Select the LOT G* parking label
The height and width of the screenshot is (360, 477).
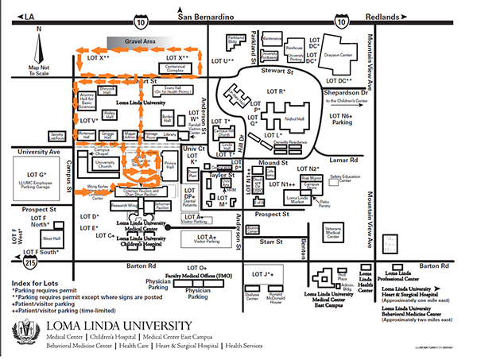[x=37, y=173]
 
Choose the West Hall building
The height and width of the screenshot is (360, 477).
[x=51, y=238]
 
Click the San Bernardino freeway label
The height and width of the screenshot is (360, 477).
[x=208, y=17]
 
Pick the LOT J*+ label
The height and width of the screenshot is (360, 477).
[x=263, y=275]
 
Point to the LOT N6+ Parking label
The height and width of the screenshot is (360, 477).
[x=341, y=120]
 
